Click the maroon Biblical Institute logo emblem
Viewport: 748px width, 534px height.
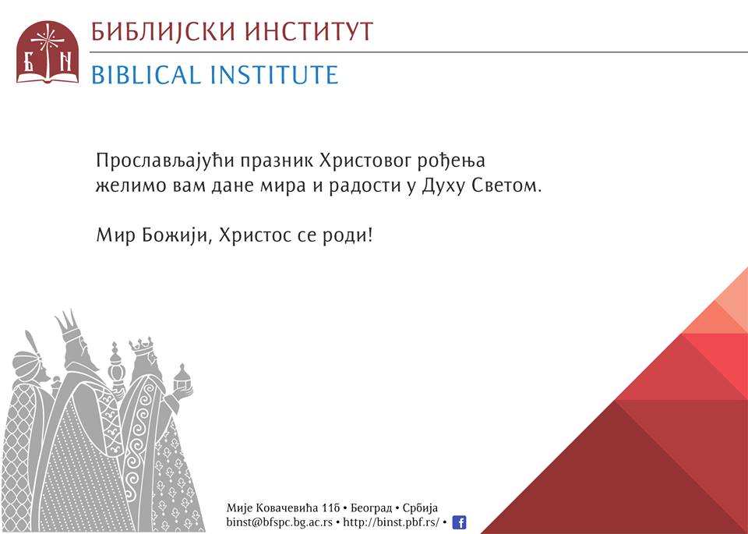click(48, 52)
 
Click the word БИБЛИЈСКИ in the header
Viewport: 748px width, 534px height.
click(163, 32)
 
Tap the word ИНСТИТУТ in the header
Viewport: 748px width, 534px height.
click(309, 32)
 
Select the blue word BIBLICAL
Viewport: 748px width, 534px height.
click(146, 75)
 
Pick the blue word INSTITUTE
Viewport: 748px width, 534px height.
click(274, 75)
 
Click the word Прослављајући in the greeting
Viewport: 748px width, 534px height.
click(165, 161)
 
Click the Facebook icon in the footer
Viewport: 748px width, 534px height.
click(459, 522)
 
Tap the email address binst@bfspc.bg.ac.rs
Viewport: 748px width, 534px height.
click(280, 522)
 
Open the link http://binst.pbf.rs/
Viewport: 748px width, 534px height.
click(391, 522)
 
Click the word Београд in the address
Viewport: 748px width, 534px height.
click(371, 508)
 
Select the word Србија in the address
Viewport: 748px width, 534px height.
click(420, 508)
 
